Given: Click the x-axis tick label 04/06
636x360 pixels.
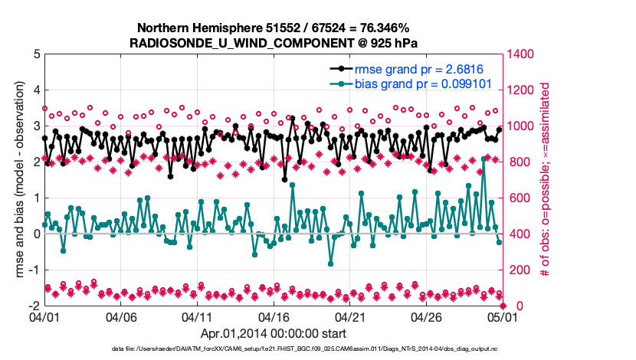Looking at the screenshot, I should tap(121, 316).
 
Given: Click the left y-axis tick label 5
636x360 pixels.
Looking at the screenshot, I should tap(36, 54).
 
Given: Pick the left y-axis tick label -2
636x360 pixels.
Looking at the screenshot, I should tap(34, 306).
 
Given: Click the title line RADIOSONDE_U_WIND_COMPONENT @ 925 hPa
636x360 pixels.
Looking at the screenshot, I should tap(274, 42).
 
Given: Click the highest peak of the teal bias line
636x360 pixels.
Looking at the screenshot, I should tap(484, 156).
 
